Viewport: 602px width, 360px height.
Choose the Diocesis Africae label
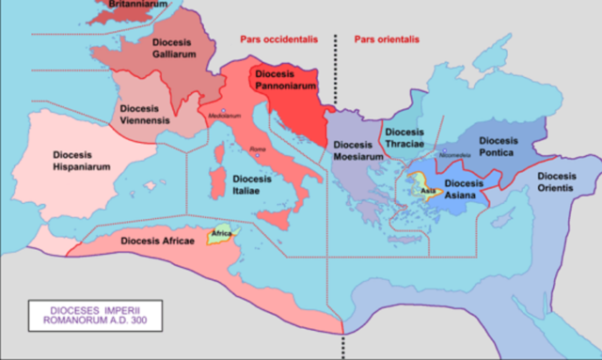(158, 241)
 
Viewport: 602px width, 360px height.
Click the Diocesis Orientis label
(557, 182)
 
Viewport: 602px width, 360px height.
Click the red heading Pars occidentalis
(275, 39)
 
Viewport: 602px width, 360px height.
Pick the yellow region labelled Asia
(428, 191)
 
